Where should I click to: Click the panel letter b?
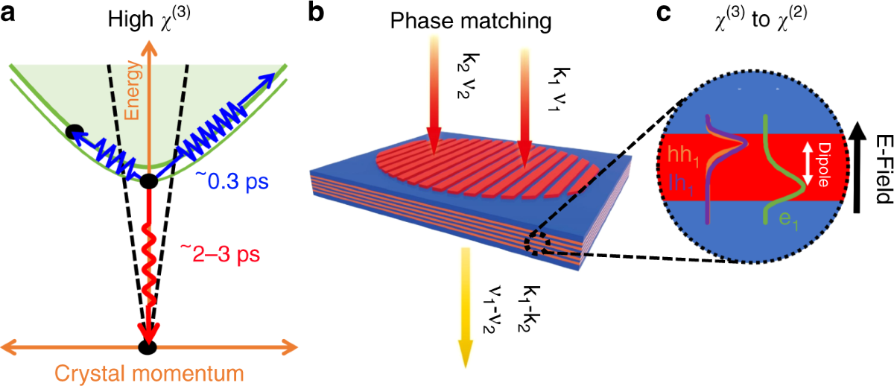click(317, 16)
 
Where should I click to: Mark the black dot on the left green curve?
click(73, 133)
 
